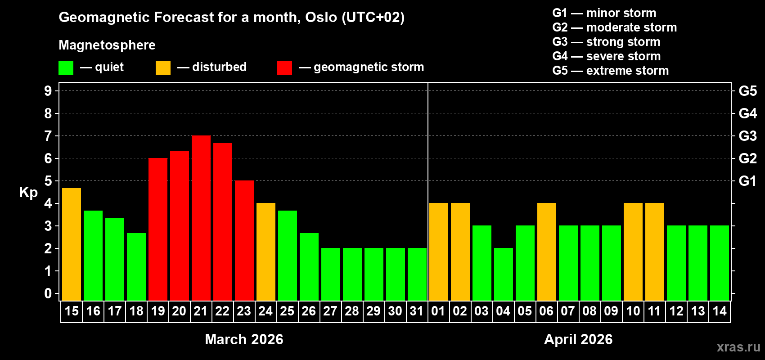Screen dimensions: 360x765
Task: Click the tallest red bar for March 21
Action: click(201, 218)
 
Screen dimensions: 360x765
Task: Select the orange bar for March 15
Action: click(72, 244)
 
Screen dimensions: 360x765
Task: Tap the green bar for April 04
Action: click(504, 274)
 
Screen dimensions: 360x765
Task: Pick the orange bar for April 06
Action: click(547, 252)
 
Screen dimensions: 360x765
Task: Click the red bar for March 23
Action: click(244, 240)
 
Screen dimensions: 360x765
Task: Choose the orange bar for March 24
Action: click(266, 252)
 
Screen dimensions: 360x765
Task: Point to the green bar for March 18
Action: click(136, 266)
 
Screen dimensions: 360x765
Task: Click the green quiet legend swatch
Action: click(66, 68)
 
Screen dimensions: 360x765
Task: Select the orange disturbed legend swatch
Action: click(163, 68)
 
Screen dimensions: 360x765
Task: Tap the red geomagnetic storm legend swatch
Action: click(284, 68)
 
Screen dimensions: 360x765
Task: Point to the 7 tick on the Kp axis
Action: click(48, 136)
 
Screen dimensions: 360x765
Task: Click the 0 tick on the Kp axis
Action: click(48, 294)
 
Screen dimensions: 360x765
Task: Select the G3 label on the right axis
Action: click(747, 136)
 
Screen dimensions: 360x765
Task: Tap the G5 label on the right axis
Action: click(747, 91)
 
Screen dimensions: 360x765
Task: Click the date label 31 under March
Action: click(417, 311)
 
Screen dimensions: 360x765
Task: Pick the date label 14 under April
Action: click(720, 311)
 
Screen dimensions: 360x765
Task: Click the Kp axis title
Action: click(28, 193)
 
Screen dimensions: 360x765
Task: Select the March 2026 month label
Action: click(244, 339)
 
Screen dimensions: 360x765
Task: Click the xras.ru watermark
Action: click(738, 347)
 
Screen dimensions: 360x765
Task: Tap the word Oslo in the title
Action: click(321, 18)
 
